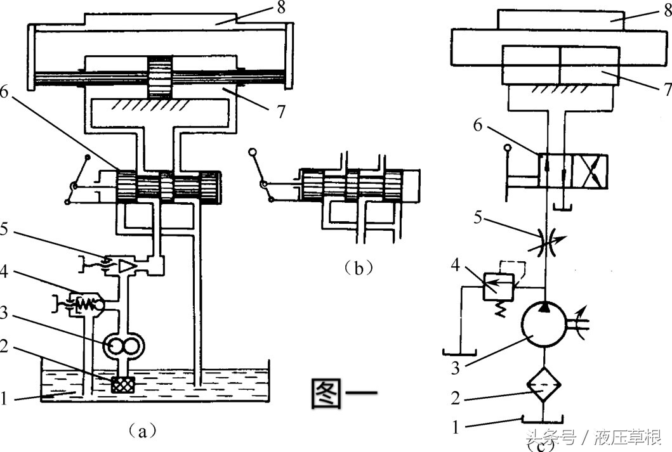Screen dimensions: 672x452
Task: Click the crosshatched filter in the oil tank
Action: (123, 384)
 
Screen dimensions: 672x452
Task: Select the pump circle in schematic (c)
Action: (543, 323)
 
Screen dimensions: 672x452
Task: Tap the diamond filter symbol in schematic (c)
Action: (543, 384)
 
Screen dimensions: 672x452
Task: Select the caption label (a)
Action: (143, 430)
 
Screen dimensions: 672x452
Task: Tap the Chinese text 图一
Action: (344, 392)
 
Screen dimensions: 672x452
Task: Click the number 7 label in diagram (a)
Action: (280, 112)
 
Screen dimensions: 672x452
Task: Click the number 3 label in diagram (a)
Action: (3, 313)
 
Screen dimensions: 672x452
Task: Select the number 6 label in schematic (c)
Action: (478, 125)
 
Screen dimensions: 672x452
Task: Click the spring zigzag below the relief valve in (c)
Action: (499, 308)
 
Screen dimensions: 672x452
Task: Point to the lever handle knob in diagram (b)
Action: (253, 152)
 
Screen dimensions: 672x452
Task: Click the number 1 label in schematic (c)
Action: (456, 427)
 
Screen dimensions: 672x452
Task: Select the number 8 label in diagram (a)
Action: (281, 7)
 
